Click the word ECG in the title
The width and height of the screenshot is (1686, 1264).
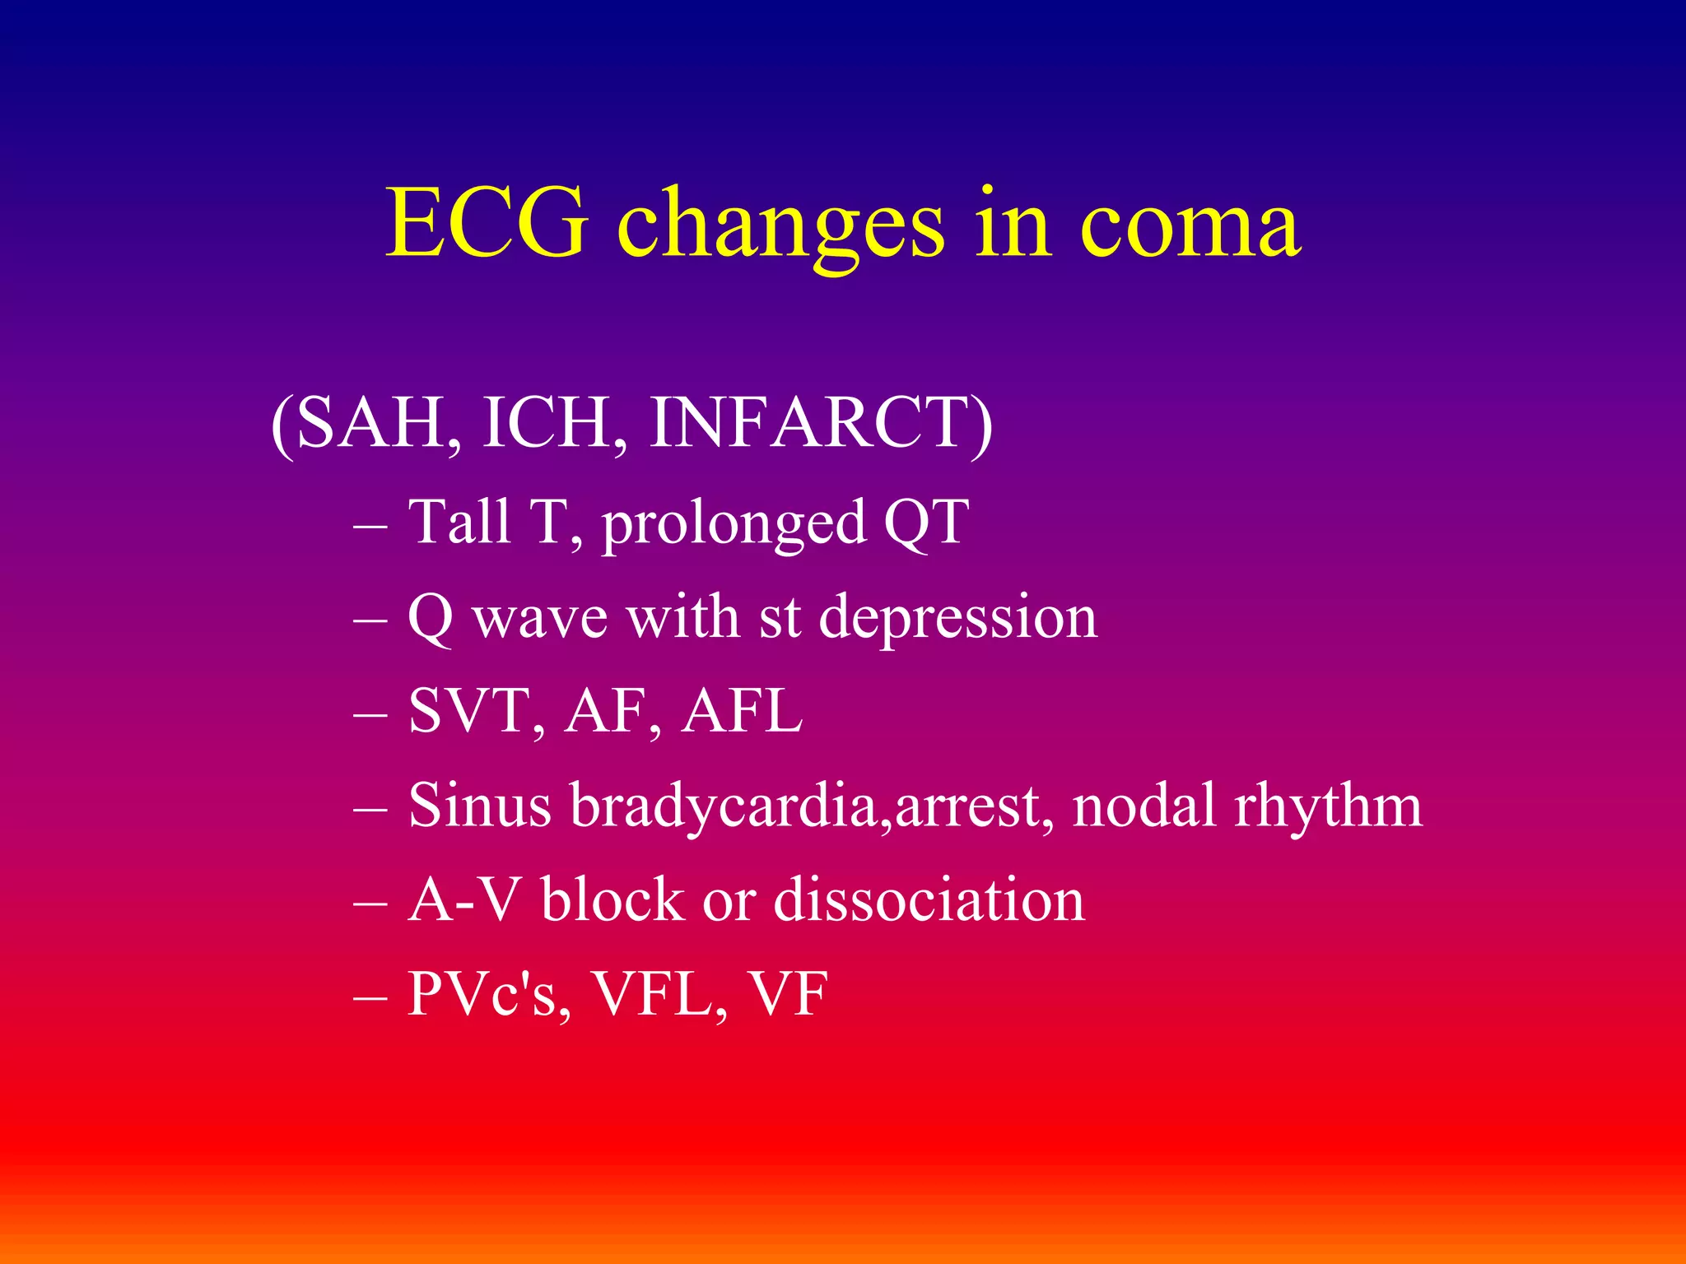coord(487,224)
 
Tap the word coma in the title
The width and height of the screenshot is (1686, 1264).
coord(1190,224)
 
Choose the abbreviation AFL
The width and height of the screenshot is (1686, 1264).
coord(742,711)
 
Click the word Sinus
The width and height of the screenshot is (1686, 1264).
coord(479,805)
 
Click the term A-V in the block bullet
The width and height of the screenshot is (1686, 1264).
coord(464,899)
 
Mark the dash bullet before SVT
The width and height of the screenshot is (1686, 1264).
coord(370,713)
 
